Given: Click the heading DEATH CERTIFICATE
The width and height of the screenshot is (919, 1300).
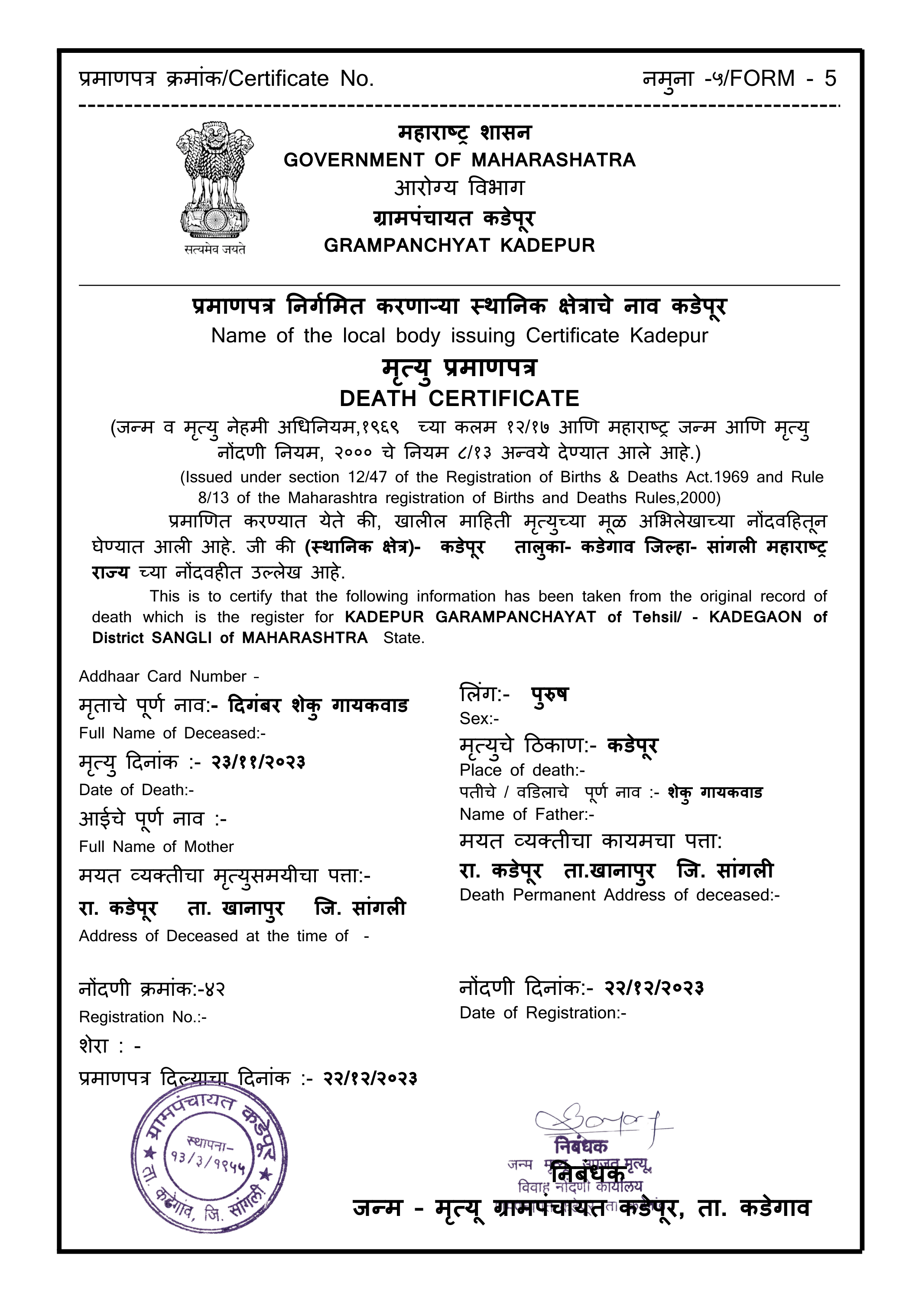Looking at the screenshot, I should coord(459,399).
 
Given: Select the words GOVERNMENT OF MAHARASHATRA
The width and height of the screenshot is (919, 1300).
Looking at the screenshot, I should coord(459,160).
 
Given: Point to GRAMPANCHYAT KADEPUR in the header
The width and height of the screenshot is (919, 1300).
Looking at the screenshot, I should coord(459,246).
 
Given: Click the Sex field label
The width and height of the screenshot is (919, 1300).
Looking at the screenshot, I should coord(479,718).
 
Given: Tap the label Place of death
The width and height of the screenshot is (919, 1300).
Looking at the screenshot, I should coord(522,770).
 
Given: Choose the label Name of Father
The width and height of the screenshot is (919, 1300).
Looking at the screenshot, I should coord(526,814).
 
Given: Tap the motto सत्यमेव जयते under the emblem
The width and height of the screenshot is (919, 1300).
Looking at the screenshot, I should coord(214,249).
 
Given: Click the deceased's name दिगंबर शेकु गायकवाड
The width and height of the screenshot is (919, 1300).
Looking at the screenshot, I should coord(318,706).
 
